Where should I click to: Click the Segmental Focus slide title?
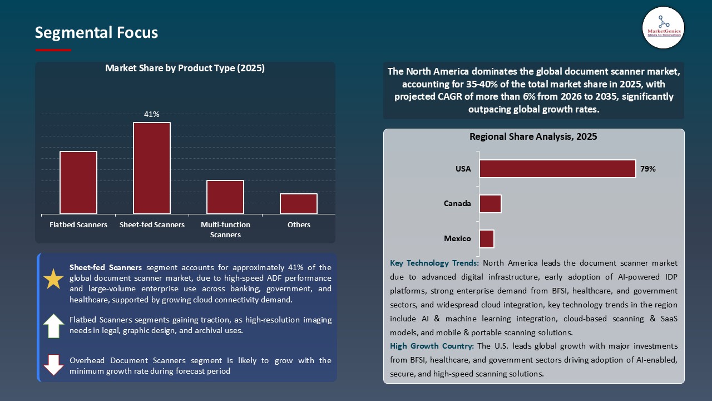pos(96,33)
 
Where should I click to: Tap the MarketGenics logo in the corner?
pos(663,27)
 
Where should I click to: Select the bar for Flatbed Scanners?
pos(78,182)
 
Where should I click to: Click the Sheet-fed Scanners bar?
pos(152,168)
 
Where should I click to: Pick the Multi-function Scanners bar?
pos(225,197)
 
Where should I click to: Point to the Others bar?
pos(299,203)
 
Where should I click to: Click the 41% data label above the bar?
pos(152,114)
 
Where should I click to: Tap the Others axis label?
pos(299,224)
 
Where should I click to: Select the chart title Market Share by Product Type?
pos(185,69)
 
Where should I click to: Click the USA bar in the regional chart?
pos(557,169)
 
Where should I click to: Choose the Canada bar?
pos(490,204)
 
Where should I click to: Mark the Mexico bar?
pos(487,238)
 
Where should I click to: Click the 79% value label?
pos(648,169)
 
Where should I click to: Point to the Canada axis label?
pos(457,203)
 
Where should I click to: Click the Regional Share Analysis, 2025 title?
pos(533,136)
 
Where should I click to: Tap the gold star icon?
pos(53,279)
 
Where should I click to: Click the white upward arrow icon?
pos(53,326)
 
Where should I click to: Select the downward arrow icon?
pos(53,365)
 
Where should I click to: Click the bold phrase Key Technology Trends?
pos(434,263)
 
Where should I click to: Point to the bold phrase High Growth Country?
pos(432,346)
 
